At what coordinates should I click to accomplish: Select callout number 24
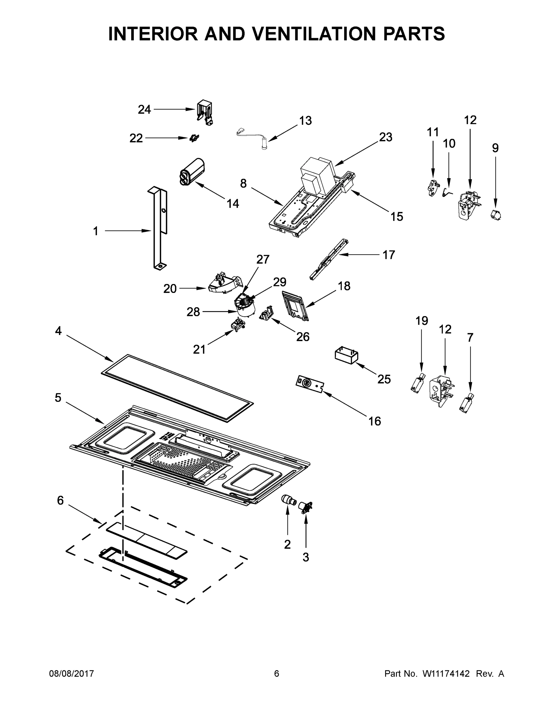144,109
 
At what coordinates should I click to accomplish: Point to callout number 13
305,121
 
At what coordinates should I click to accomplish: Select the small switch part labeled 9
496,215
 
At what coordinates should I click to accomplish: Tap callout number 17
389,255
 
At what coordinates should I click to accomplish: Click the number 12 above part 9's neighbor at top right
470,120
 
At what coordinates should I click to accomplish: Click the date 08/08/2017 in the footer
72,674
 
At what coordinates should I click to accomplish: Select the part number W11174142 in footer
446,674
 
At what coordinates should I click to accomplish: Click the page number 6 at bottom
277,674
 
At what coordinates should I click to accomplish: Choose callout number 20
170,288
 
